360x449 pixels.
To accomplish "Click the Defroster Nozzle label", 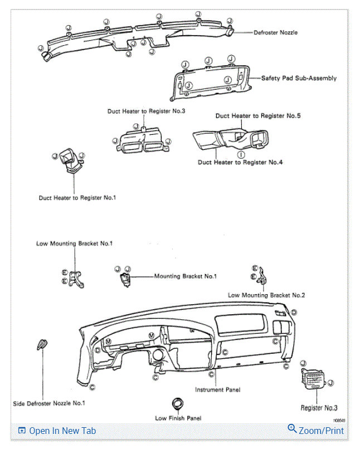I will tap(275, 33).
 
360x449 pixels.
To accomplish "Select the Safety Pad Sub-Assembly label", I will tap(299, 79).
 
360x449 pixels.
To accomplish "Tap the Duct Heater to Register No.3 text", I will tap(146, 111).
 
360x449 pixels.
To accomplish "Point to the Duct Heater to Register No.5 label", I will tap(258, 116).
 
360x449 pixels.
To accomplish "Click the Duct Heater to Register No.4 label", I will tap(241, 162).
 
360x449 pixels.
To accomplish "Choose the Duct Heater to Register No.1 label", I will tap(77, 197).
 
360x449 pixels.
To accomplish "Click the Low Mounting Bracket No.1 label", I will tap(75, 243).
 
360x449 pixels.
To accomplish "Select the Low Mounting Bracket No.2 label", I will tap(266, 295).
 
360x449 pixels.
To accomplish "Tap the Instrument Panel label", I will tap(217, 390).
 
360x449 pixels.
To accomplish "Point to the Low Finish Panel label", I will tap(178, 418).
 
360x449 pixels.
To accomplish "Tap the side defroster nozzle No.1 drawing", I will tap(42, 345).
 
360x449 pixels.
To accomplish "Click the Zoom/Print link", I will tap(321, 431).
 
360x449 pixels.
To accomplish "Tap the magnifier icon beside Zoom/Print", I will tap(292, 429).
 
